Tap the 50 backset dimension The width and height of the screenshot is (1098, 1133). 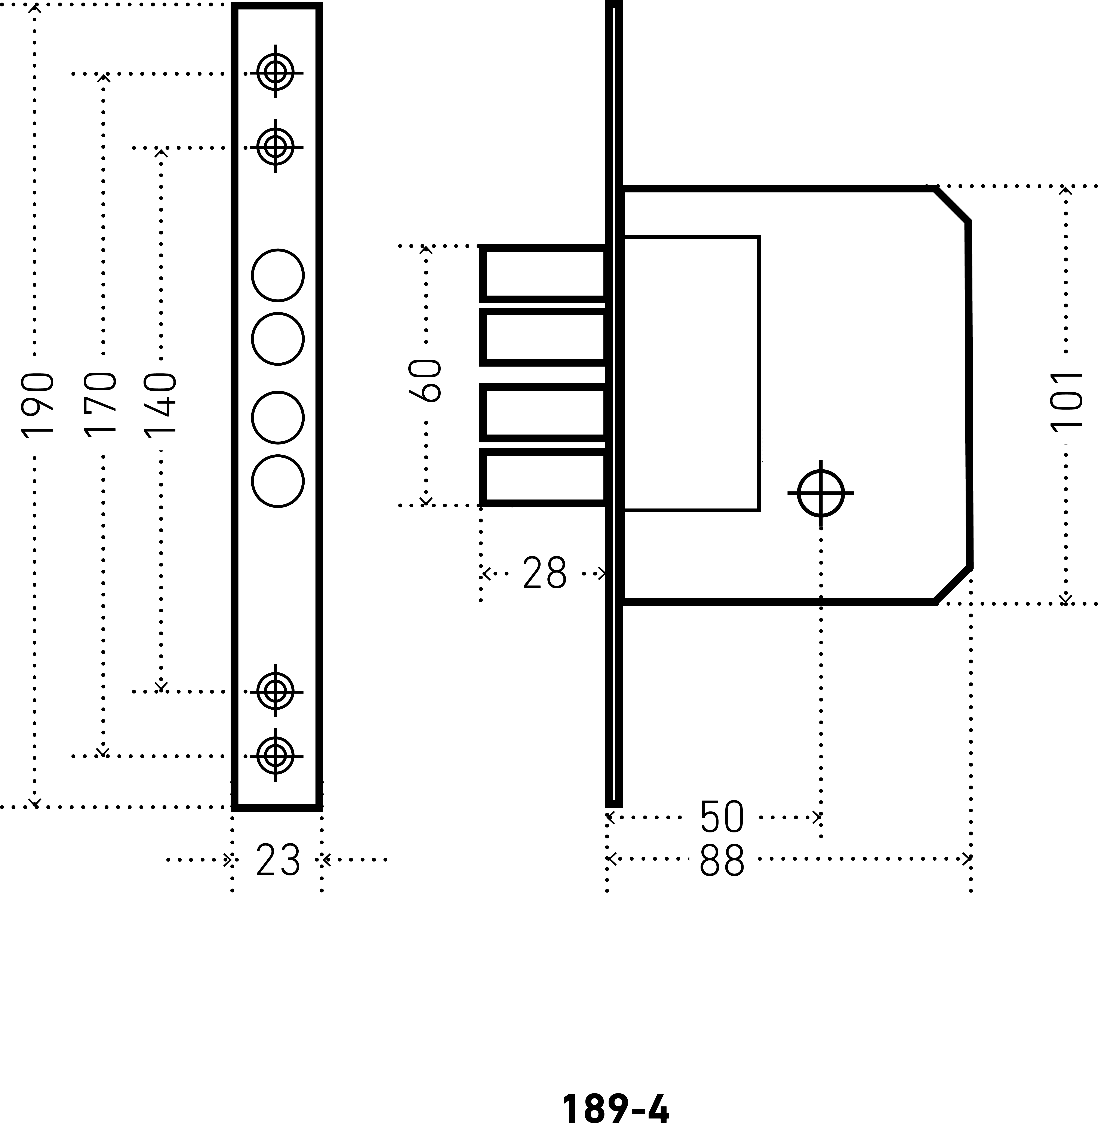coord(722,817)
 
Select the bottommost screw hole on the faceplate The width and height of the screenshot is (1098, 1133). coord(276,755)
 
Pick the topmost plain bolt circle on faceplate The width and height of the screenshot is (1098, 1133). coord(278,275)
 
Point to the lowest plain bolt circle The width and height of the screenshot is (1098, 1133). coord(278,481)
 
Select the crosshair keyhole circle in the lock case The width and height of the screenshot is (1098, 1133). coord(821,493)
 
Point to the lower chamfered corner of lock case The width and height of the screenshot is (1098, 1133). coord(952,584)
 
